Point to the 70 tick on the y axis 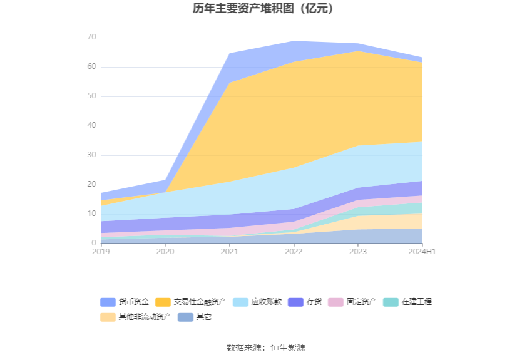coord(91,38)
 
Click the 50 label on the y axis coord(91,96)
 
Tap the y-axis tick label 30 coord(91,155)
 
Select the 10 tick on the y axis coord(91,214)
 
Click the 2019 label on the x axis coord(101,252)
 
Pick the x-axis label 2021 coord(229,252)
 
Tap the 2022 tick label coord(294,252)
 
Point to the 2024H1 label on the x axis coord(422,252)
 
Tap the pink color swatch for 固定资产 coord(335,302)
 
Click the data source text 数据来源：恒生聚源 coord(266,347)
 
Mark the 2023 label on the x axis coord(357,252)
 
